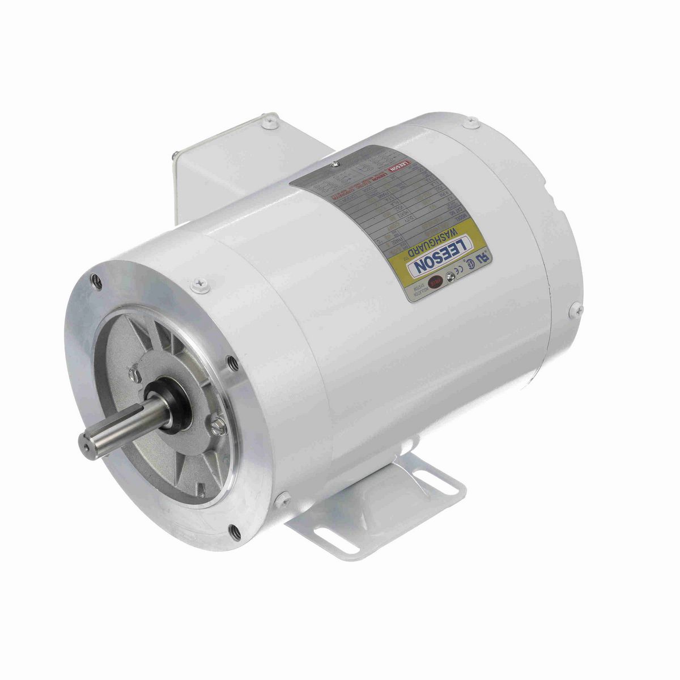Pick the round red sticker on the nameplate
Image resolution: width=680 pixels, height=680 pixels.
(x=437, y=281)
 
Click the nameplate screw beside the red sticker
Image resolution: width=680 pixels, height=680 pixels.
(x=451, y=277)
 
